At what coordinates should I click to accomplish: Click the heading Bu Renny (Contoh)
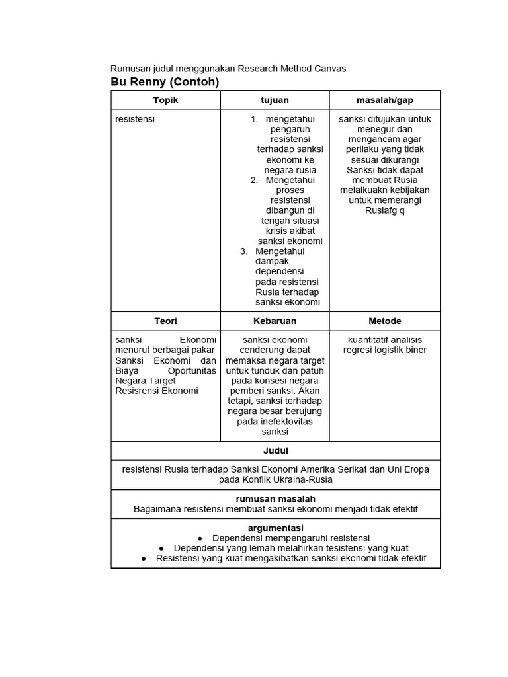164,82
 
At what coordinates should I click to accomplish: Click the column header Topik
165,100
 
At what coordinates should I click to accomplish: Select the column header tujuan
275,100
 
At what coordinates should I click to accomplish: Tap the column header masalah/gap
384,100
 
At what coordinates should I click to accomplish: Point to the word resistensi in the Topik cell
135,119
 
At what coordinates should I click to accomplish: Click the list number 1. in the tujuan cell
255,119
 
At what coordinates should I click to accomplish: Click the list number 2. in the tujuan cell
255,180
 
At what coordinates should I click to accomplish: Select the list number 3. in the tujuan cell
244,251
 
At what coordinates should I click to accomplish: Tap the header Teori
165,321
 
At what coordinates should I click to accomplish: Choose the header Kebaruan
275,321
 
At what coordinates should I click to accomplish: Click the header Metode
384,321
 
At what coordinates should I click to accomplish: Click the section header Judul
275,450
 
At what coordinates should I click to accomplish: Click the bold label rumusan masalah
275,498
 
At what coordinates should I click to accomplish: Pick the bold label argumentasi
275,528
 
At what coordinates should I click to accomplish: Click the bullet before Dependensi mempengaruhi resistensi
200,538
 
